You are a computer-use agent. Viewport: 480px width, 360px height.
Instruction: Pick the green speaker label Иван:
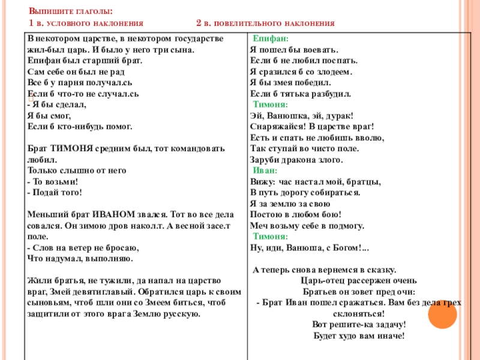pyautogui.click(x=265, y=170)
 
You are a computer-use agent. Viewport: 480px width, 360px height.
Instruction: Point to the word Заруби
pyautogui.click(x=263, y=160)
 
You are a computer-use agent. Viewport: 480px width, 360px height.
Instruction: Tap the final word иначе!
pyautogui.click(x=389, y=335)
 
